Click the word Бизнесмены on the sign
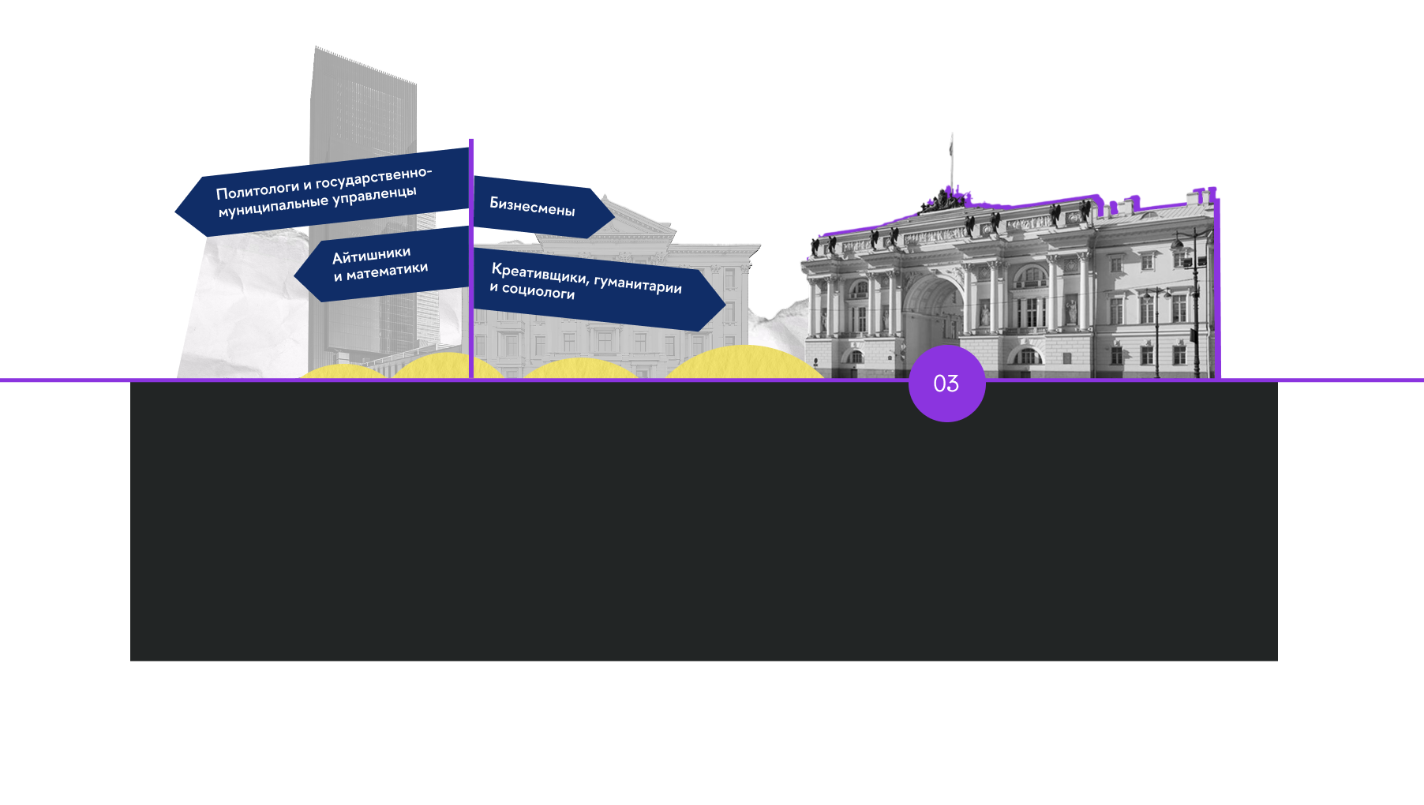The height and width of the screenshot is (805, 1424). click(x=532, y=206)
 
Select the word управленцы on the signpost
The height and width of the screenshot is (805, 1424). click(x=374, y=195)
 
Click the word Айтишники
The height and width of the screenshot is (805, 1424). click(x=371, y=256)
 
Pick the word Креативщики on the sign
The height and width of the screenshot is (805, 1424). click(x=540, y=273)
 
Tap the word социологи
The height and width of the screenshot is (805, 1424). click(x=538, y=291)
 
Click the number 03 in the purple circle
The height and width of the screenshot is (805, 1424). click(x=946, y=384)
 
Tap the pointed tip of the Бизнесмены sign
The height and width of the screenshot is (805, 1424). click(x=614, y=213)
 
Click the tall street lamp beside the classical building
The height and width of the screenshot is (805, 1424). click(x=1195, y=303)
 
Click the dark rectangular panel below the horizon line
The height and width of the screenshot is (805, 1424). click(x=704, y=521)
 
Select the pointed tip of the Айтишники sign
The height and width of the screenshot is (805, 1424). click(x=294, y=275)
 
